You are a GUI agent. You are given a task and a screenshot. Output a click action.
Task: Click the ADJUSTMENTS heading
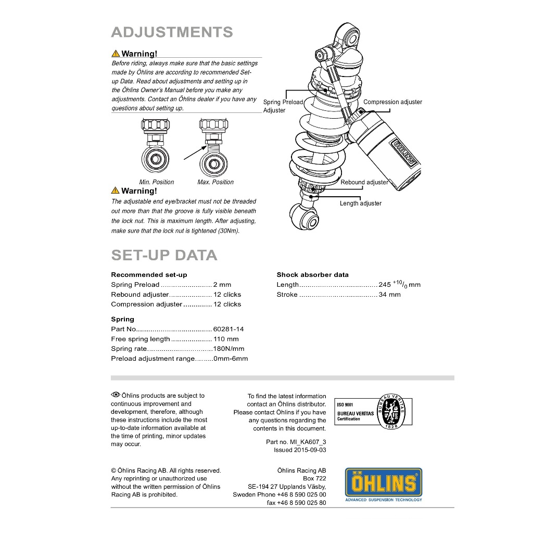click(172, 32)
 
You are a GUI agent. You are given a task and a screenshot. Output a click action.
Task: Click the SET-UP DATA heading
click(164, 255)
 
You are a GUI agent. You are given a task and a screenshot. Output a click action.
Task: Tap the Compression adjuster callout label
click(392, 102)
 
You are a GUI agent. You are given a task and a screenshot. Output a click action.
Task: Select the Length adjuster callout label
click(361, 204)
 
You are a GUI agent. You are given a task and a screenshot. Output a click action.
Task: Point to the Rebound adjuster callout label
click(364, 182)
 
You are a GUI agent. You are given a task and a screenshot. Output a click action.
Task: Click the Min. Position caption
click(156, 182)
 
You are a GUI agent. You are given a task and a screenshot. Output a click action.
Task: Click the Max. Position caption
click(215, 182)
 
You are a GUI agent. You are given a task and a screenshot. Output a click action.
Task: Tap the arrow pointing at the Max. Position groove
click(195, 153)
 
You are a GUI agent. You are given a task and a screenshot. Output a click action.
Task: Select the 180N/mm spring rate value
click(229, 349)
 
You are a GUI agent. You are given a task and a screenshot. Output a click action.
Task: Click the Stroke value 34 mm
click(389, 295)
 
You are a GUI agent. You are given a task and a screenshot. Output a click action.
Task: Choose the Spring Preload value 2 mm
click(222, 285)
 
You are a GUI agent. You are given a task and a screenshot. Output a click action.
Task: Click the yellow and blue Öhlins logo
click(384, 485)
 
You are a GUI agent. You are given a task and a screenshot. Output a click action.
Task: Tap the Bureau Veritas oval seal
click(391, 411)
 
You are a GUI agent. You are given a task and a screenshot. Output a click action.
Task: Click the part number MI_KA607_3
click(308, 442)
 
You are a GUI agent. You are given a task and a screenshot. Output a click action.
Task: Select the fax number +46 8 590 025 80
click(301, 503)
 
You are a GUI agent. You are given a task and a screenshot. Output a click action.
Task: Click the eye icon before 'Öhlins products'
click(116, 395)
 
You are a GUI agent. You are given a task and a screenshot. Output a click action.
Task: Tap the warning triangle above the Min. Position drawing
click(116, 54)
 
